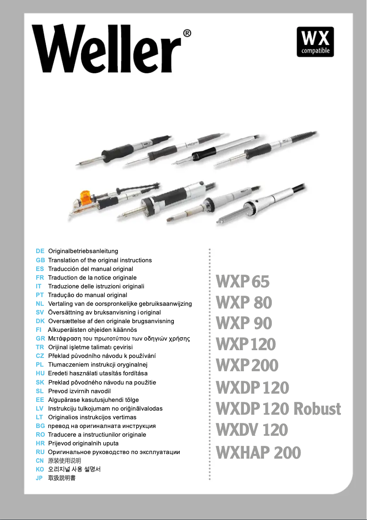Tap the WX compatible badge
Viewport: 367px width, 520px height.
tap(315, 42)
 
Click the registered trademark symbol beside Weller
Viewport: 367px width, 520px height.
tap(187, 33)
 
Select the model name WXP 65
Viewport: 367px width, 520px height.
tap(243, 282)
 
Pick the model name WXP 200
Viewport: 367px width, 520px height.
tap(247, 365)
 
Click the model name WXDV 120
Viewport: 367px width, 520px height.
tap(252, 430)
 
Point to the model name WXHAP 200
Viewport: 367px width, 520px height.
tap(258, 453)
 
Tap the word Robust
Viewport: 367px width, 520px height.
tap(318, 408)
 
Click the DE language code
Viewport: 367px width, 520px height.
tap(40, 251)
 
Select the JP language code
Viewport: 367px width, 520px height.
tap(39, 478)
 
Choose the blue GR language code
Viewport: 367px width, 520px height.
tap(40, 339)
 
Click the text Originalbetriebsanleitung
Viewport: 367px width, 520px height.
tap(83, 251)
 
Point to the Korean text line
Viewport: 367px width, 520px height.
tap(74, 470)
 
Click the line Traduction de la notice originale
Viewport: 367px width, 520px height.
tap(92, 277)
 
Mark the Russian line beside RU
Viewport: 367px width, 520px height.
tap(114, 452)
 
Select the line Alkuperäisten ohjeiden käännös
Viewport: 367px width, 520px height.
tap(92, 330)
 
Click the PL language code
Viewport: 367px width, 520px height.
tap(40, 365)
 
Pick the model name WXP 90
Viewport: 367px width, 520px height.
tap(243, 323)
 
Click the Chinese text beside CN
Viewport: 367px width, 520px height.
tap(65, 461)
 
